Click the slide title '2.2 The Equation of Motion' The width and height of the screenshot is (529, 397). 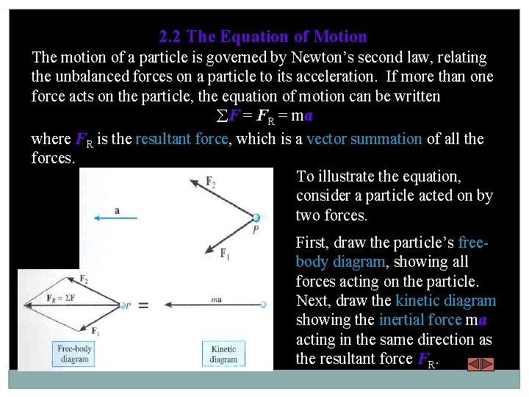click(x=263, y=37)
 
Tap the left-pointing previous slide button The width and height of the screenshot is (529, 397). click(x=475, y=364)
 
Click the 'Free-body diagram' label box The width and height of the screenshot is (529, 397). click(x=73, y=354)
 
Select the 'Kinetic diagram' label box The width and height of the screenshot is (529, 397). click(x=223, y=354)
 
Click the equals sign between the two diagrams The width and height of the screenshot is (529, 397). click(x=144, y=306)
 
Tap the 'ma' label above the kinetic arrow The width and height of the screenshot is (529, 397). click(x=216, y=298)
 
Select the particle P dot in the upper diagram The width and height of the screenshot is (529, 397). click(x=256, y=218)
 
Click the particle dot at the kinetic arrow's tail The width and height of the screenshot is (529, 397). click(x=262, y=305)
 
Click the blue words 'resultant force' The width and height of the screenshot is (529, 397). click(x=181, y=139)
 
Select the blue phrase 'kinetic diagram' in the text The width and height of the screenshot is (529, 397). click(x=445, y=301)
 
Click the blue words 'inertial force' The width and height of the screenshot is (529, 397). click(x=420, y=320)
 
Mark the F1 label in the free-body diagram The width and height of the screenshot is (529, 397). click(x=96, y=332)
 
